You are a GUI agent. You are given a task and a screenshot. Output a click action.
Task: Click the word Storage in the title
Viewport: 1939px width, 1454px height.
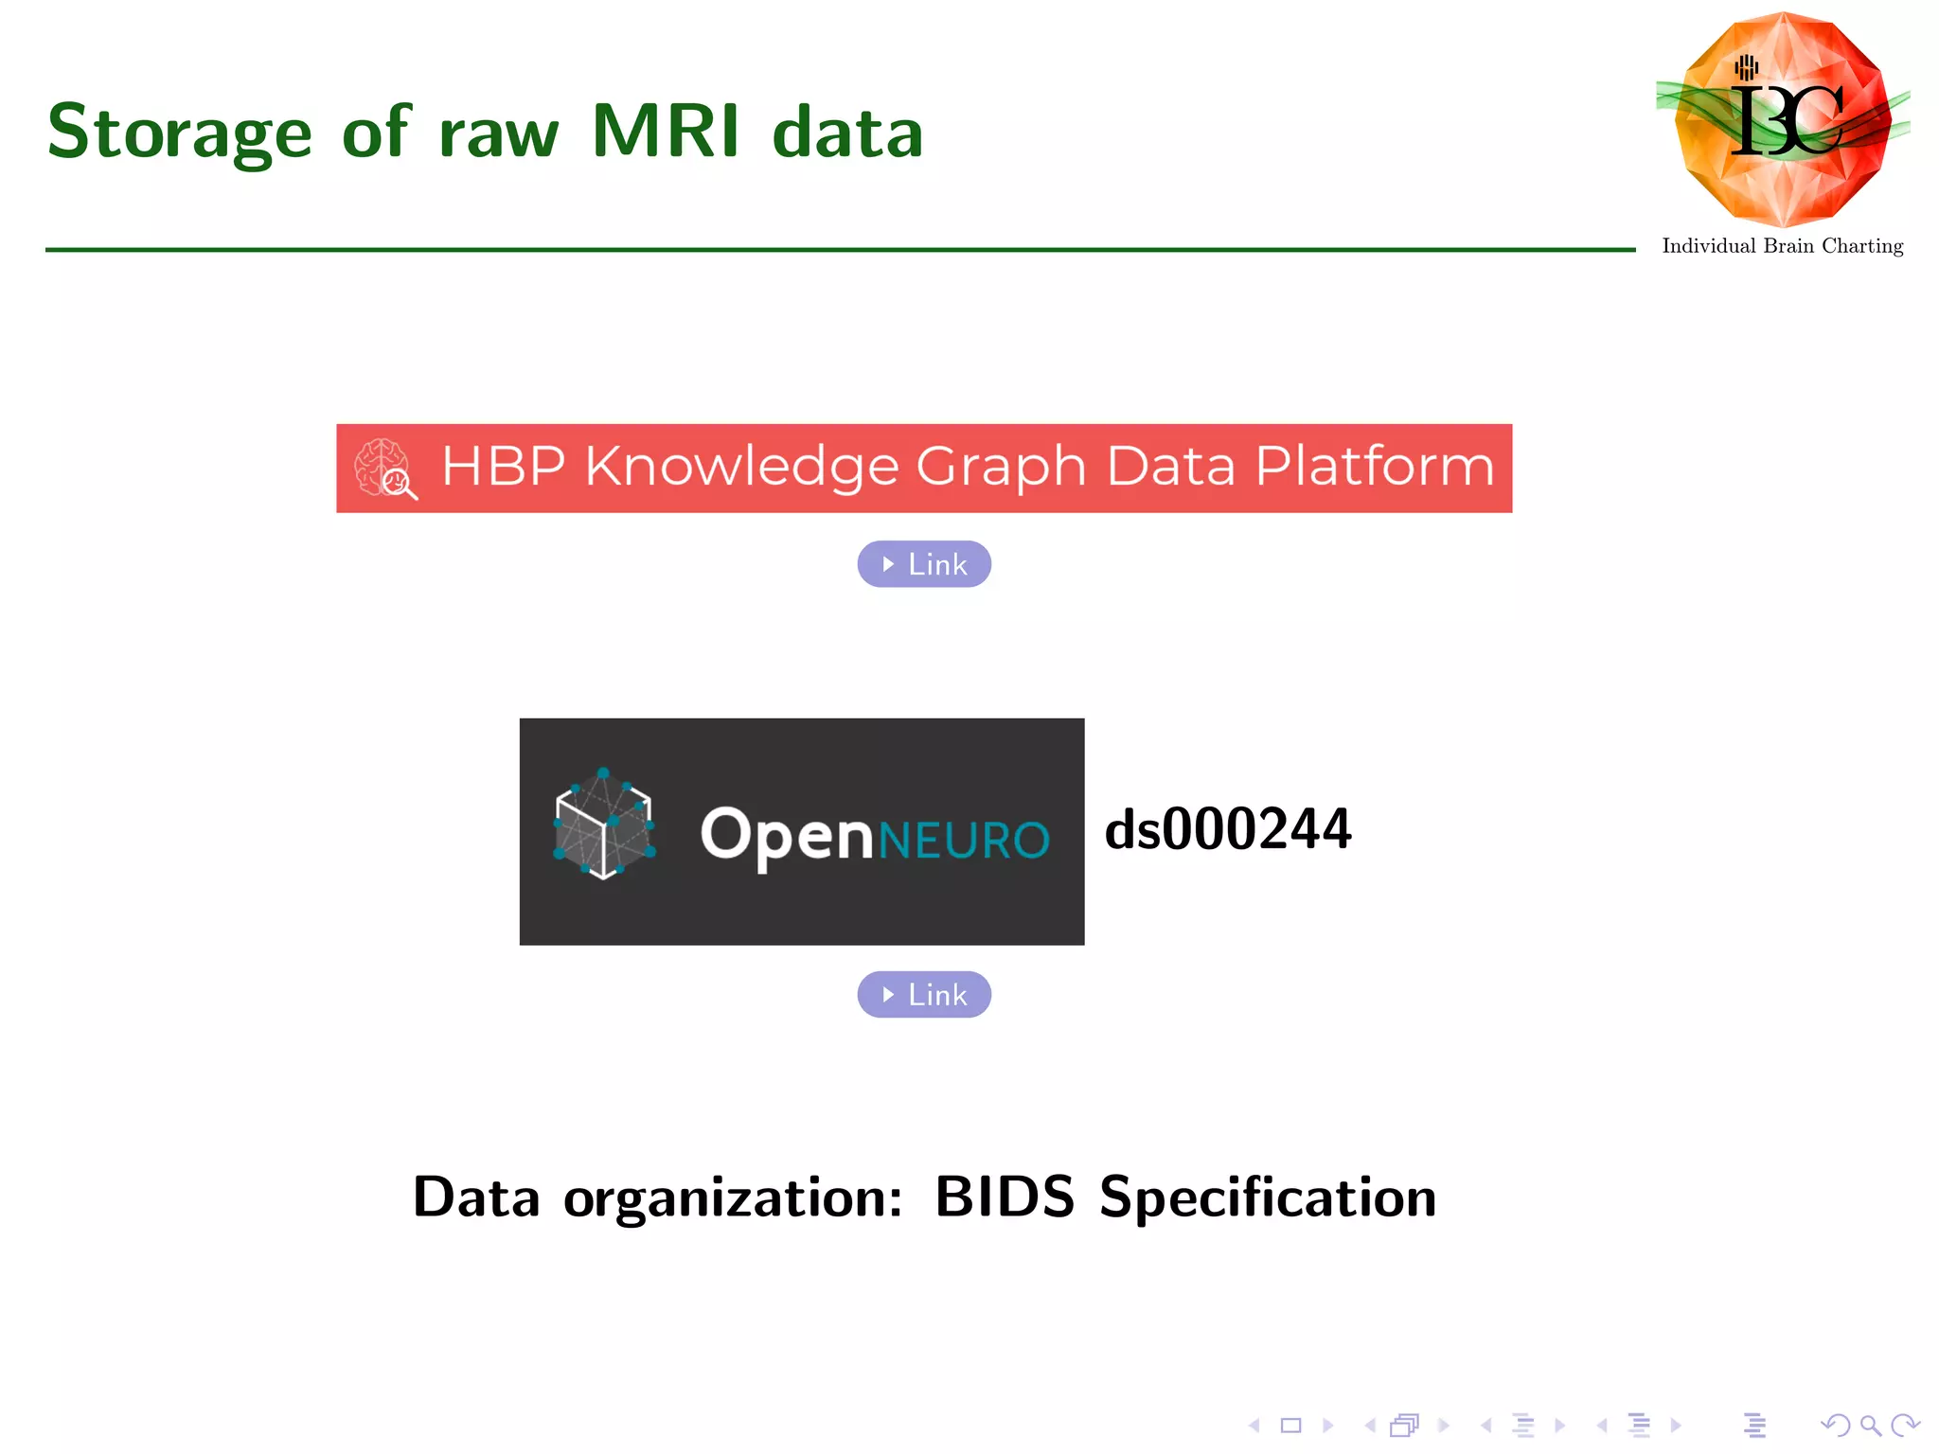(x=179, y=133)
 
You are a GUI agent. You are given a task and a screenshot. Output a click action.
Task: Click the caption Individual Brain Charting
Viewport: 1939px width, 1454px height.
(x=1782, y=246)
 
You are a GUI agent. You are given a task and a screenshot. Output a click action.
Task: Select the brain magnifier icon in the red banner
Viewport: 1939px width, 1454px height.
(x=384, y=468)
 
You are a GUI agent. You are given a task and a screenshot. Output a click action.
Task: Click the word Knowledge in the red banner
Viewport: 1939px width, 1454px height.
(x=741, y=468)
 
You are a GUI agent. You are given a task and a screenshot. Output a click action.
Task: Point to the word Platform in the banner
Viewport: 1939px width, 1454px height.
(x=1374, y=468)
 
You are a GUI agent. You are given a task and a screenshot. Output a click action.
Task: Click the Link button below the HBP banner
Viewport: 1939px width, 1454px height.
(x=924, y=564)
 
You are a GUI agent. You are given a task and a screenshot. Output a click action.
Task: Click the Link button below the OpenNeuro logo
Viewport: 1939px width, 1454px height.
(x=924, y=995)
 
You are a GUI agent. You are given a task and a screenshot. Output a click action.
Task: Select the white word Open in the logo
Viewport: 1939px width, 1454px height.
(x=786, y=835)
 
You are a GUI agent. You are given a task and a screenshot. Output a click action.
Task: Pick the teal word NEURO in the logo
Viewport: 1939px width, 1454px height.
(x=964, y=840)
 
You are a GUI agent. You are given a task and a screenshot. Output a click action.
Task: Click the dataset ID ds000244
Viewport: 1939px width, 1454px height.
(x=1228, y=829)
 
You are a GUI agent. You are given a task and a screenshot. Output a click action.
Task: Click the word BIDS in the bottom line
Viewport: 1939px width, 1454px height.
(x=1005, y=1197)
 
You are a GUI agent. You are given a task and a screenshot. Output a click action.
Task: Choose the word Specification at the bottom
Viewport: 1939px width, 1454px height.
(x=1268, y=1197)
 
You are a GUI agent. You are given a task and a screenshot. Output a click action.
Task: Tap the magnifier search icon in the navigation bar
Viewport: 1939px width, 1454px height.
(x=1869, y=1425)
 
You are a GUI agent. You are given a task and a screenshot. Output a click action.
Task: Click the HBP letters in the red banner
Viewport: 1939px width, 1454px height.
(x=504, y=467)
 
